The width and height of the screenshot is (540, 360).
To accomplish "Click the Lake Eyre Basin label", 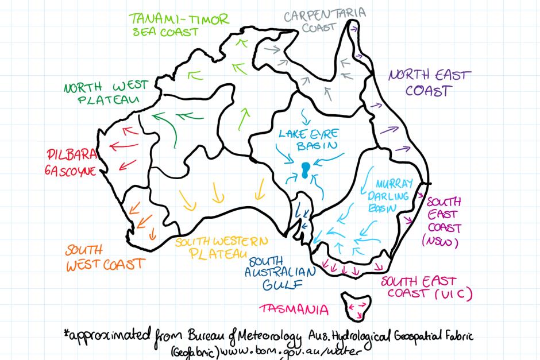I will tap(308, 140).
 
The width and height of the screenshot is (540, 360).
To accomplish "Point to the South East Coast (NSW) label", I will tap(443, 222).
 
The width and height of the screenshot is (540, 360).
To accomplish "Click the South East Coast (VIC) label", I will tap(426, 287).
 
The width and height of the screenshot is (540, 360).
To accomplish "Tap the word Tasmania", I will tap(294, 310).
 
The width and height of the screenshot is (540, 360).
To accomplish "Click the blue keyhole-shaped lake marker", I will tap(306, 169).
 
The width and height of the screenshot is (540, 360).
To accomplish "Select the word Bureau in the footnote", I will tap(192, 335).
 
